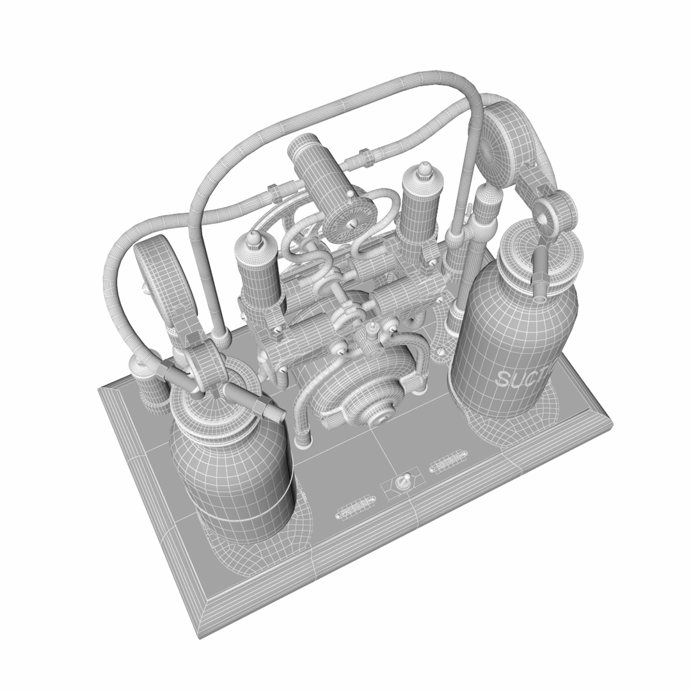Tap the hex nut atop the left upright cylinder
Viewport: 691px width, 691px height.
[254, 239]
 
